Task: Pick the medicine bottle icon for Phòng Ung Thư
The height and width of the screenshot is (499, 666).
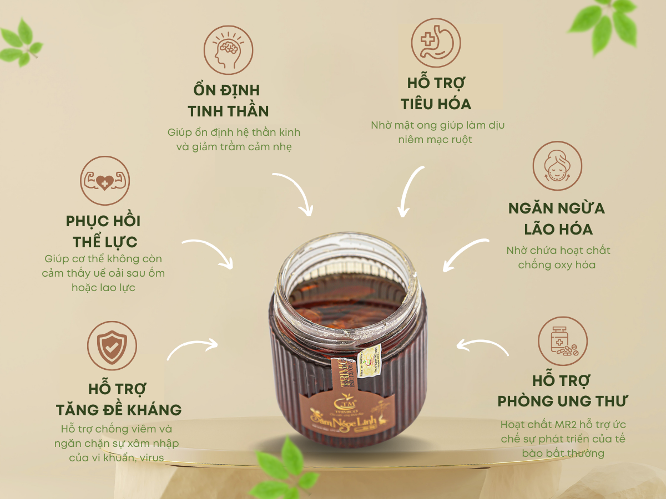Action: (x=563, y=342)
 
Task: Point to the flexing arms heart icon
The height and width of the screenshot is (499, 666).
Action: (x=105, y=181)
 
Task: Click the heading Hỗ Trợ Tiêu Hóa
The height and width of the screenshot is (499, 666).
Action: (x=436, y=94)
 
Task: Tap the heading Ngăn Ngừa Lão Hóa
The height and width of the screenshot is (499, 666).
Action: (x=557, y=218)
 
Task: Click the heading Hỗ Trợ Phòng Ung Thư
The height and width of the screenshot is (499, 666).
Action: (x=562, y=391)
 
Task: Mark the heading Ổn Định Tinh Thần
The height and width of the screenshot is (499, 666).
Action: (x=228, y=100)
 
